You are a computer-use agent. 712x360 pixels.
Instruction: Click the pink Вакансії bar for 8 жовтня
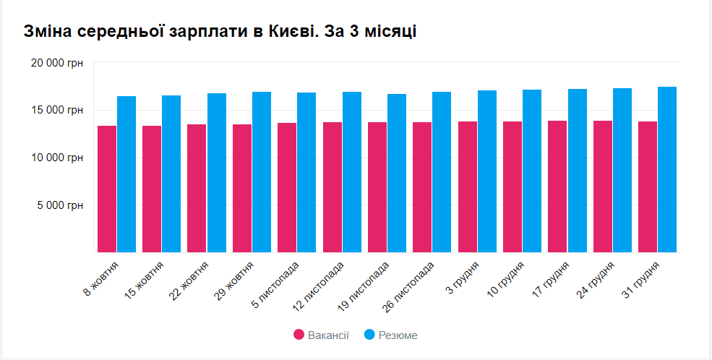(x=107, y=189)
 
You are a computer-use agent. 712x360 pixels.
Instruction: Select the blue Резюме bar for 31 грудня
(x=667, y=170)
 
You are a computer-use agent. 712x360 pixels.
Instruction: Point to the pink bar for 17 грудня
(x=557, y=187)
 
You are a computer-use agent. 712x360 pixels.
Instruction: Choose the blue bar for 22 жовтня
(x=217, y=173)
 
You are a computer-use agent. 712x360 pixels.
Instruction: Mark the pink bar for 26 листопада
(x=422, y=187)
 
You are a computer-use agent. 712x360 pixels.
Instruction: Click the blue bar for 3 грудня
(x=487, y=171)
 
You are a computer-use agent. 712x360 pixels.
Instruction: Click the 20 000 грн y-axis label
(x=57, y=64)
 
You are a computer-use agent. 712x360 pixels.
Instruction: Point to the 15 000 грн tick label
(x=57, y=111)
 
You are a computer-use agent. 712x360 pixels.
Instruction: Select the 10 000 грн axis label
(x=57, y=158)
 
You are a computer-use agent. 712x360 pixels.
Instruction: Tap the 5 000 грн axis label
(x=61, y=205)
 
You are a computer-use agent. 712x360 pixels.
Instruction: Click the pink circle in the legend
(x=299, y=335)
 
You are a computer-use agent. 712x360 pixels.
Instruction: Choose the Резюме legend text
(x=398, y=335)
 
